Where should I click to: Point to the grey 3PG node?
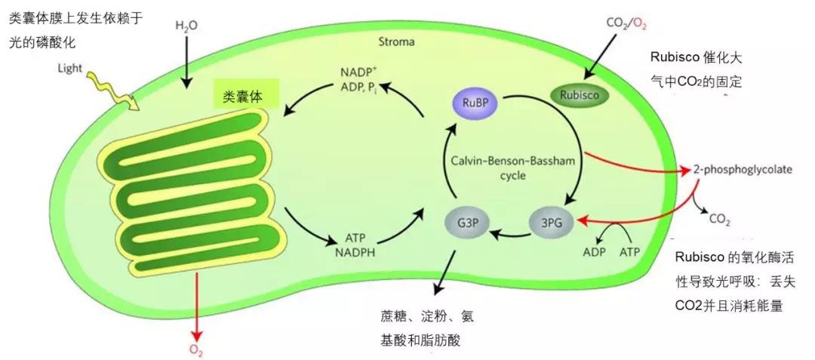click(x=551, y=223)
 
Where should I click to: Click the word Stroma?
click(x=396, y=42)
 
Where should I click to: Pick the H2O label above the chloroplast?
click(x=186, y=26)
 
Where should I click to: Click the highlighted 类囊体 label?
click(x=246, y=97)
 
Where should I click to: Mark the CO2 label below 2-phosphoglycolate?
click(x=720, y=220)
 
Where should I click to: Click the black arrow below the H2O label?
click(x=186, y=60)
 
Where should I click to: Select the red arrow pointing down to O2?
click(x=198, y=302)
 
